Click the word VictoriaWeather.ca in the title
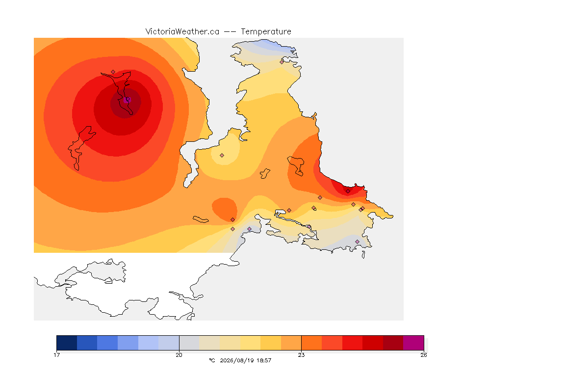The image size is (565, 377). [x=182, y=32]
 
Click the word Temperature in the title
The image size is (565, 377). [x=266, y=32]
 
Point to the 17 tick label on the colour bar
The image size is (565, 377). [x=56, y=355]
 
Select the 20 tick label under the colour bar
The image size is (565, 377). [x=179, y=355]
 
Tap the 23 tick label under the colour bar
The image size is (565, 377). [x=301, y=355]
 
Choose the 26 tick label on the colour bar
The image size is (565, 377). [x=424, y=355]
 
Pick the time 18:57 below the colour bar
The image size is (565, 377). [x=264, y=360]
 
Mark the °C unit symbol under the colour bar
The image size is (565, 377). [x=212, y=360]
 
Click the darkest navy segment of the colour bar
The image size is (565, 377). [x=67, y=343]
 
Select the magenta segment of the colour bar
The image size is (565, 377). [x=413, y=343]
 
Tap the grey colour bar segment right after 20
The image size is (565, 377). [x=189, y=343]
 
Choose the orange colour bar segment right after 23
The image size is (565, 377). [x=311, y=343]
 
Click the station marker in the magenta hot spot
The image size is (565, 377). [x=127, y=100]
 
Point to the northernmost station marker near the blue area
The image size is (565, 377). [x=282, y=62]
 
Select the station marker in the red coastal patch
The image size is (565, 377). [x=348, y=191]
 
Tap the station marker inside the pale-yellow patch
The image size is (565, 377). [x=222, y=156]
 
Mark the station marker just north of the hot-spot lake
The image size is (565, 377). [x=113, y=72]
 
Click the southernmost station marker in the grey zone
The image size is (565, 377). [x=357, y=242]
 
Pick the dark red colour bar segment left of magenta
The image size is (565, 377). [x=393, y=343]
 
